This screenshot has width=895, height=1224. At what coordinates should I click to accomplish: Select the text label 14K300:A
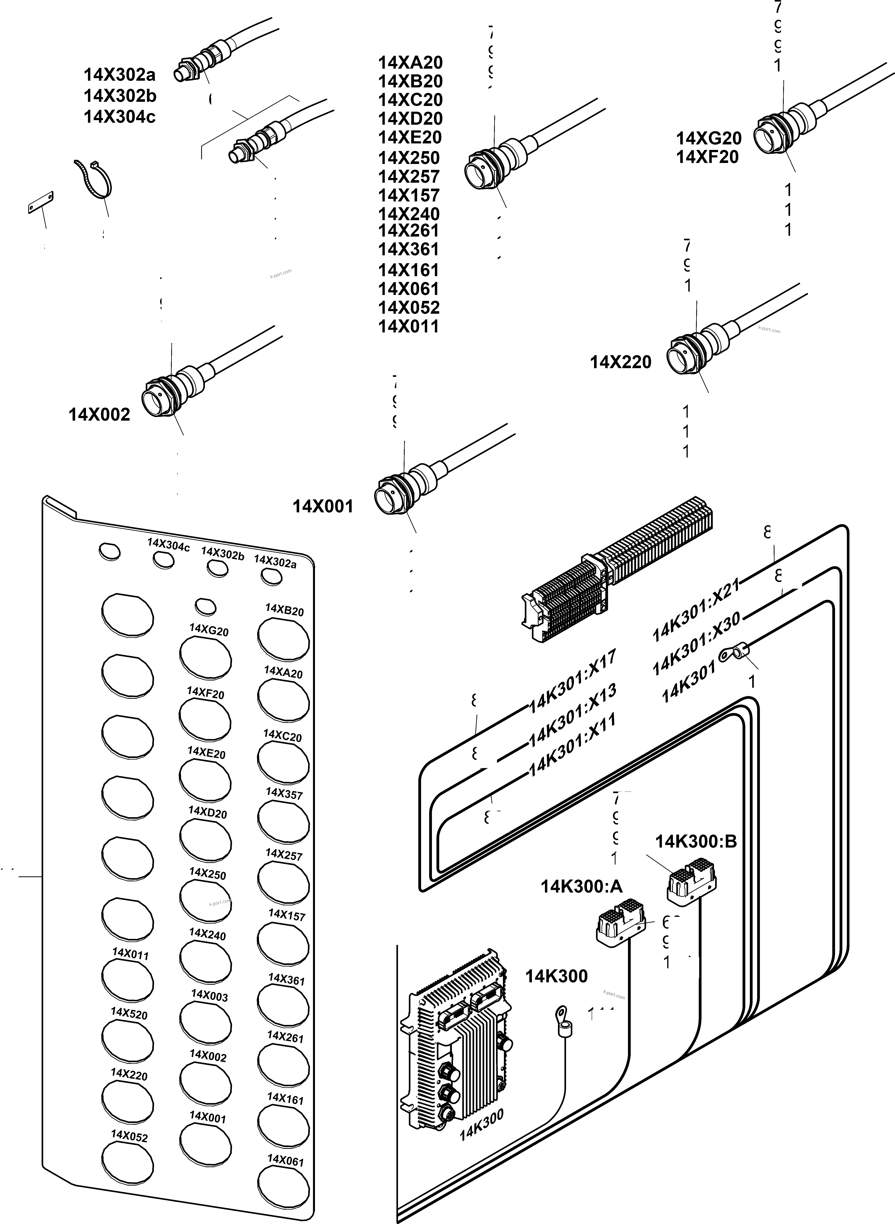[581, 886]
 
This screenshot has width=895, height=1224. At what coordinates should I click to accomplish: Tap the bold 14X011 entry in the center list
[408, 326]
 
